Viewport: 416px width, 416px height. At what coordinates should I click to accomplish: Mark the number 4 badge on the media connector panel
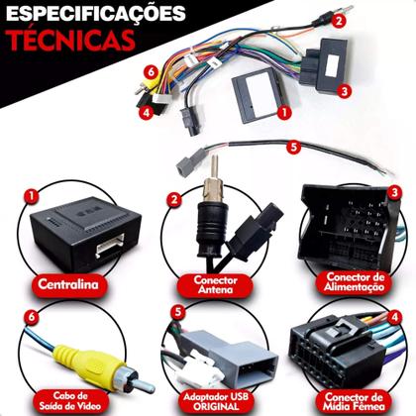[x=393, y=317]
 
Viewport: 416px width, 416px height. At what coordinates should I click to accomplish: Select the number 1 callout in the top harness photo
[x=284, y=113]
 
